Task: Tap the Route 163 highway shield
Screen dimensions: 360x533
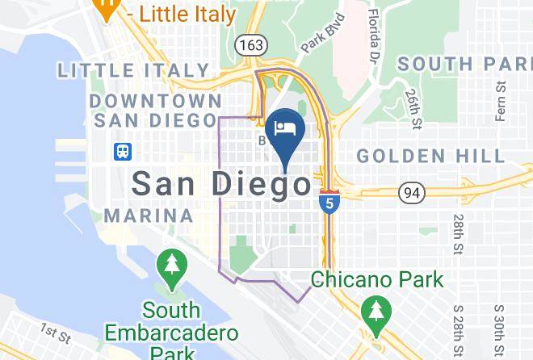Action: pyautogui.click(x=250, y=45)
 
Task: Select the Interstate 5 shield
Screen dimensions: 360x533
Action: pyautogui.click(x=328, y=201)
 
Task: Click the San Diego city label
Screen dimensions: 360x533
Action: pyautogui.click(x=220, y=185)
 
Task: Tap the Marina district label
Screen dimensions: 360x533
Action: pyautogui.click(x=149, y=216)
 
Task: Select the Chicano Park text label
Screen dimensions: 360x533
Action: pyautogui.click(x=377, y=280)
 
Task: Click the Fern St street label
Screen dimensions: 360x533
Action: pyautogui.click(x=502, y=100)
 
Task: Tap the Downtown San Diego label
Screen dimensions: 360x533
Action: pyautogui.click(x=156, y=111)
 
